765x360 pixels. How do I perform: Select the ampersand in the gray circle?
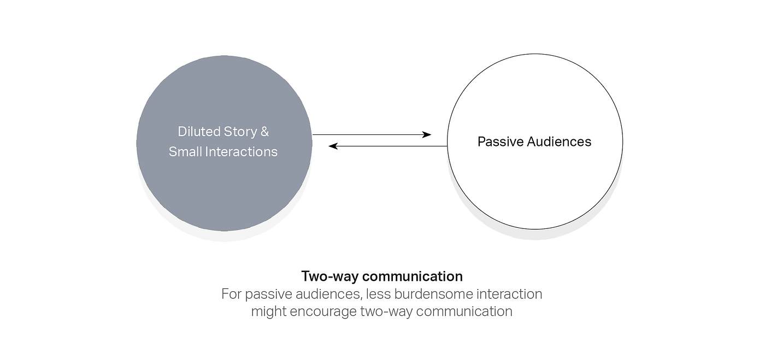pyautogui.click(x=264, y=132)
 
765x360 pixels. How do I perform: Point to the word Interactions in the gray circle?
pyautogui.click(x=242, y=152)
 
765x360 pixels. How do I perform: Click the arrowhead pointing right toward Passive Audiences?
pyautogui.click(x=427, y=134)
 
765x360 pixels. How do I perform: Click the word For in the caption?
pyautogui.click(x=231, y=294)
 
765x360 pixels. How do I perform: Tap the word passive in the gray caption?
pyautogui.click(x=266, y=294)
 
